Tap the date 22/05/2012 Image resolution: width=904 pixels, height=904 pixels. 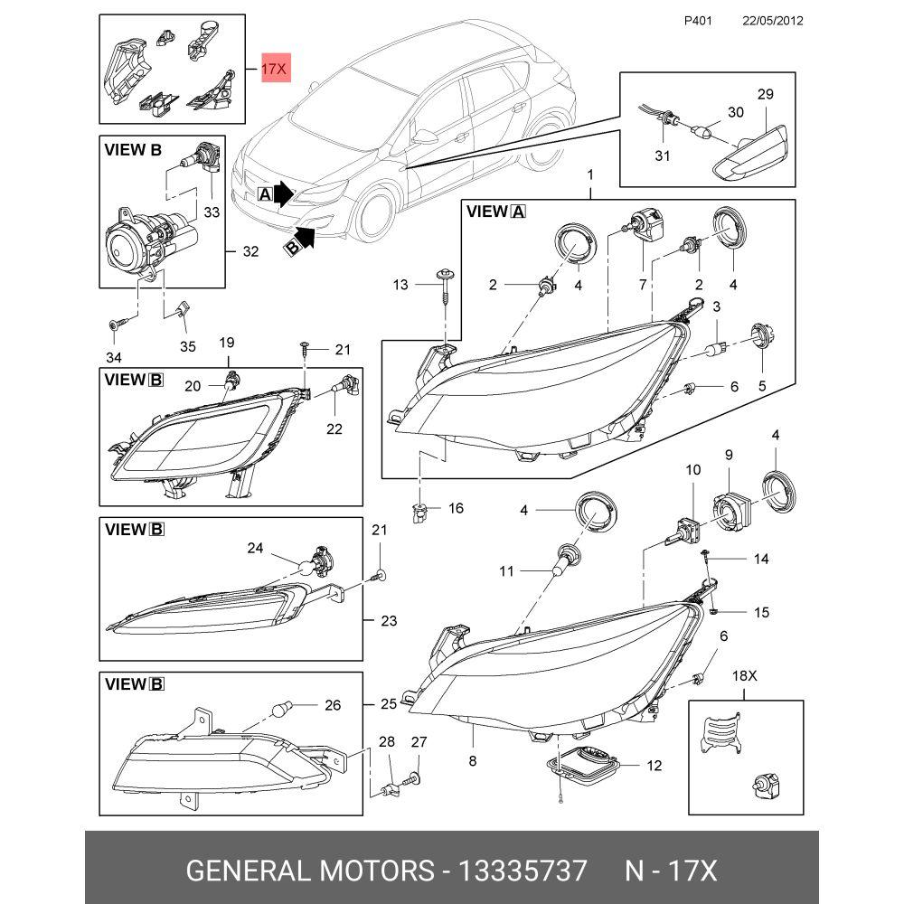tap(773, 21)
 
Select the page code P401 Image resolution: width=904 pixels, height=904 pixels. tap(698, 21)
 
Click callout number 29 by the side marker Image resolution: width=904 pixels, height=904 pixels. tap(765, 94)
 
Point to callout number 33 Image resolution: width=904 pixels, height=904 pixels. tap(212, 212)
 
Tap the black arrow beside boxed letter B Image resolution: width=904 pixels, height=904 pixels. tap(305, 237)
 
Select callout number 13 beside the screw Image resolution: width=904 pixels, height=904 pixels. tap(400, 284)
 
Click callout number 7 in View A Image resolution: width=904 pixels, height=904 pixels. tap(643, 284)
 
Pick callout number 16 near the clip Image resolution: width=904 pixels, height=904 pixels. tap(456, 508)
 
